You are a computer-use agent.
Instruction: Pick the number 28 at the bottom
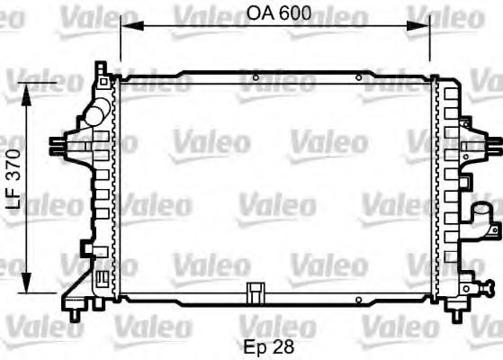pos(283,345)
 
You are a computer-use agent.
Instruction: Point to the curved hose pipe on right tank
pos(483,216)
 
